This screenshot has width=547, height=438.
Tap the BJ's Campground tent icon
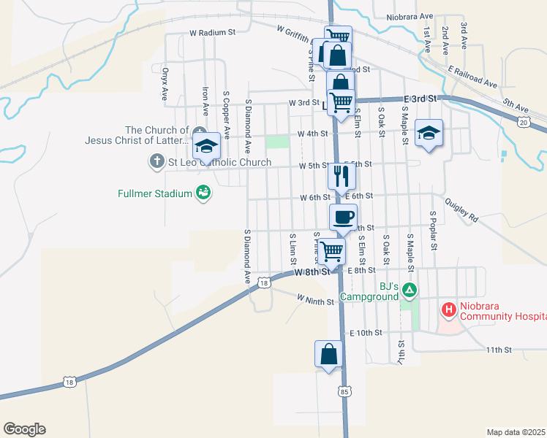410,291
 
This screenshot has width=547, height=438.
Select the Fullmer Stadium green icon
203,193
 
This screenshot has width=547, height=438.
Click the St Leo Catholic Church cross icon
156,162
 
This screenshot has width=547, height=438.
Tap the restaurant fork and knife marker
341,176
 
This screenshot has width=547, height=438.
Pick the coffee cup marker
344,216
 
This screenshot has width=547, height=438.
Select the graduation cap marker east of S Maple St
429,133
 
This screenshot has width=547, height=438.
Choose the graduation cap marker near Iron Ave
207,146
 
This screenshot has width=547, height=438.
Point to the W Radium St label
212,33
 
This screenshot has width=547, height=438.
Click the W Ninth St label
315,299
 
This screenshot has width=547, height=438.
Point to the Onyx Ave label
165,83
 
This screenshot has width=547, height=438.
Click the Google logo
24,429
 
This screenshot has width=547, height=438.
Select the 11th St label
499,350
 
